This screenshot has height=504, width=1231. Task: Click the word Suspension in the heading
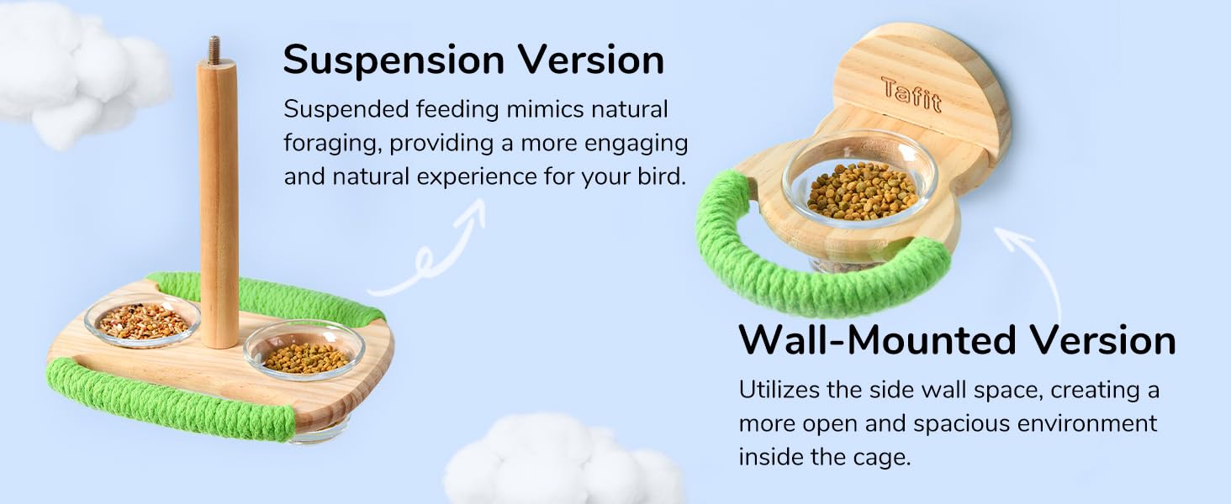tap(393, 60)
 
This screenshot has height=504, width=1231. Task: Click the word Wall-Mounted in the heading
tap(877, 340)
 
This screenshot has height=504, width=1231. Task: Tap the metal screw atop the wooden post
tap(213, 50)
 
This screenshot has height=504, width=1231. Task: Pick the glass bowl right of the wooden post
tap(304, 349)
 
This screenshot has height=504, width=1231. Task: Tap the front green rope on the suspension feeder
tap(168, 402)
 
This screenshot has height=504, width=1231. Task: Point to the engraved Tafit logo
tap(911, 93)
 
